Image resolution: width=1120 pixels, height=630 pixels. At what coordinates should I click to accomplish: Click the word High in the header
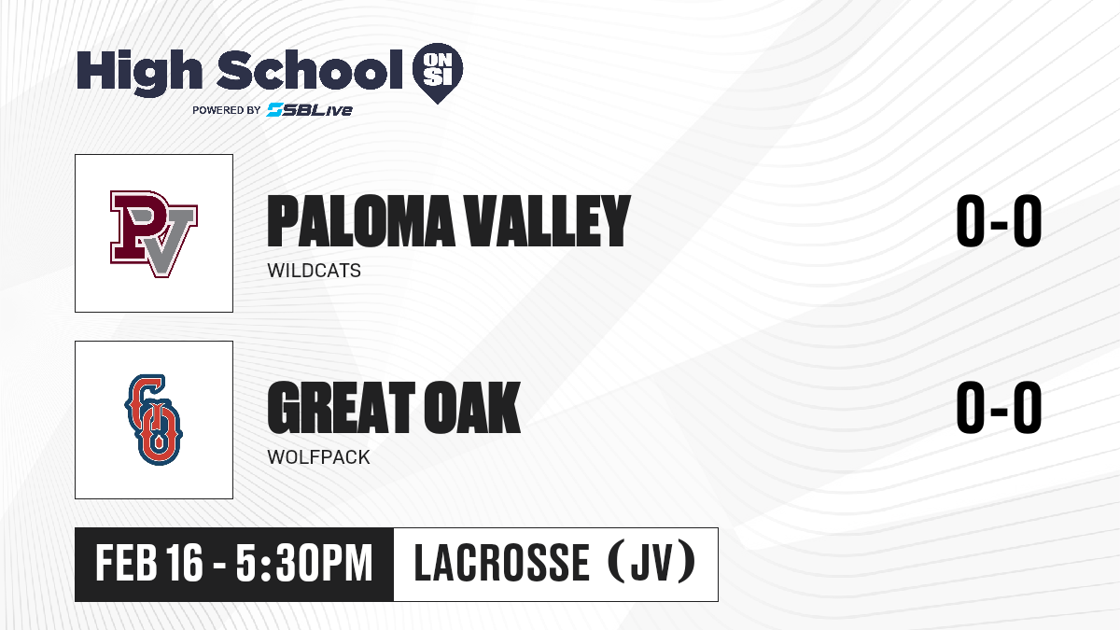(x=139, y=73)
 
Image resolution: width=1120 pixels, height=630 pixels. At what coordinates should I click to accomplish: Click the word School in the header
(x=310, y=70)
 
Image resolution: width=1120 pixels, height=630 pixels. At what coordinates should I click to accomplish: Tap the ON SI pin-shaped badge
(x=438, y=73)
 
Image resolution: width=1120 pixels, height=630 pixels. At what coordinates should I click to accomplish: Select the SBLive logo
(x=309, y=110)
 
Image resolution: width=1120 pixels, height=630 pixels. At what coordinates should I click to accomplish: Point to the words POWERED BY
(x=227, y=110)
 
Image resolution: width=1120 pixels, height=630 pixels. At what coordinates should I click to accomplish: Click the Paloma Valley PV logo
(x=154, y=233)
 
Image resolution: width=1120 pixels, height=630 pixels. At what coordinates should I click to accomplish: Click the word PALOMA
(x=361, y=221)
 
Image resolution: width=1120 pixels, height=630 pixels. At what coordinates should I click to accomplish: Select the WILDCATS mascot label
(x=314, y=271)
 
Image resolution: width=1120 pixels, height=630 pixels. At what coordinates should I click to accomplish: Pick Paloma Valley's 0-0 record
(x=999, y=220)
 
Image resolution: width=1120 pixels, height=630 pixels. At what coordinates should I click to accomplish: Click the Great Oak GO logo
(x=154, y=419)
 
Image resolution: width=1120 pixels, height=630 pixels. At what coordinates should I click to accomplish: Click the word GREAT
(x=342, y=408)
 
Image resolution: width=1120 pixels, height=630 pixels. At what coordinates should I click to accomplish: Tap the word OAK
(x=472, y=408)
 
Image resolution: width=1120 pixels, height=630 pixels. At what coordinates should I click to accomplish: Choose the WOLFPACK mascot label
(x=318, y=457)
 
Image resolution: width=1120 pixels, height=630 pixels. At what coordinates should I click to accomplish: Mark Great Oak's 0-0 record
(x=999, y=407)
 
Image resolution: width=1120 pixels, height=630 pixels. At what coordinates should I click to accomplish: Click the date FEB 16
(x=149, y=563)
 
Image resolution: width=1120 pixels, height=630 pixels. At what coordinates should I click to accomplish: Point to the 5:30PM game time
(x=304, y=563)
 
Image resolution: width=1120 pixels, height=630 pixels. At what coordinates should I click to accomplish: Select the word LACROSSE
(x=502, y=563)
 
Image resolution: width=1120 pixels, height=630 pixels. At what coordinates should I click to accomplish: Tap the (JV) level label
(x=651, y=562)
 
